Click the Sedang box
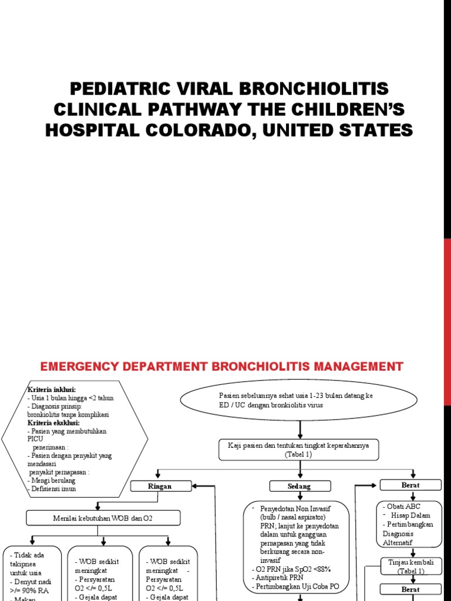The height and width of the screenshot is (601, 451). click(x=299, y=486)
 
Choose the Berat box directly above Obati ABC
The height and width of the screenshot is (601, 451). click(x=410, y=485)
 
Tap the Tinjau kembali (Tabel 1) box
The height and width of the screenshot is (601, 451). click(x=406, y=566)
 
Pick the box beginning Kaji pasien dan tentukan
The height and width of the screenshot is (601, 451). click(x=299, y=450)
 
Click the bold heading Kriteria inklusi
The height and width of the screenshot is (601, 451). click(x=52, y=390)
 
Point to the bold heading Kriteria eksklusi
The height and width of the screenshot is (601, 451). click(x=53, y=423)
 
